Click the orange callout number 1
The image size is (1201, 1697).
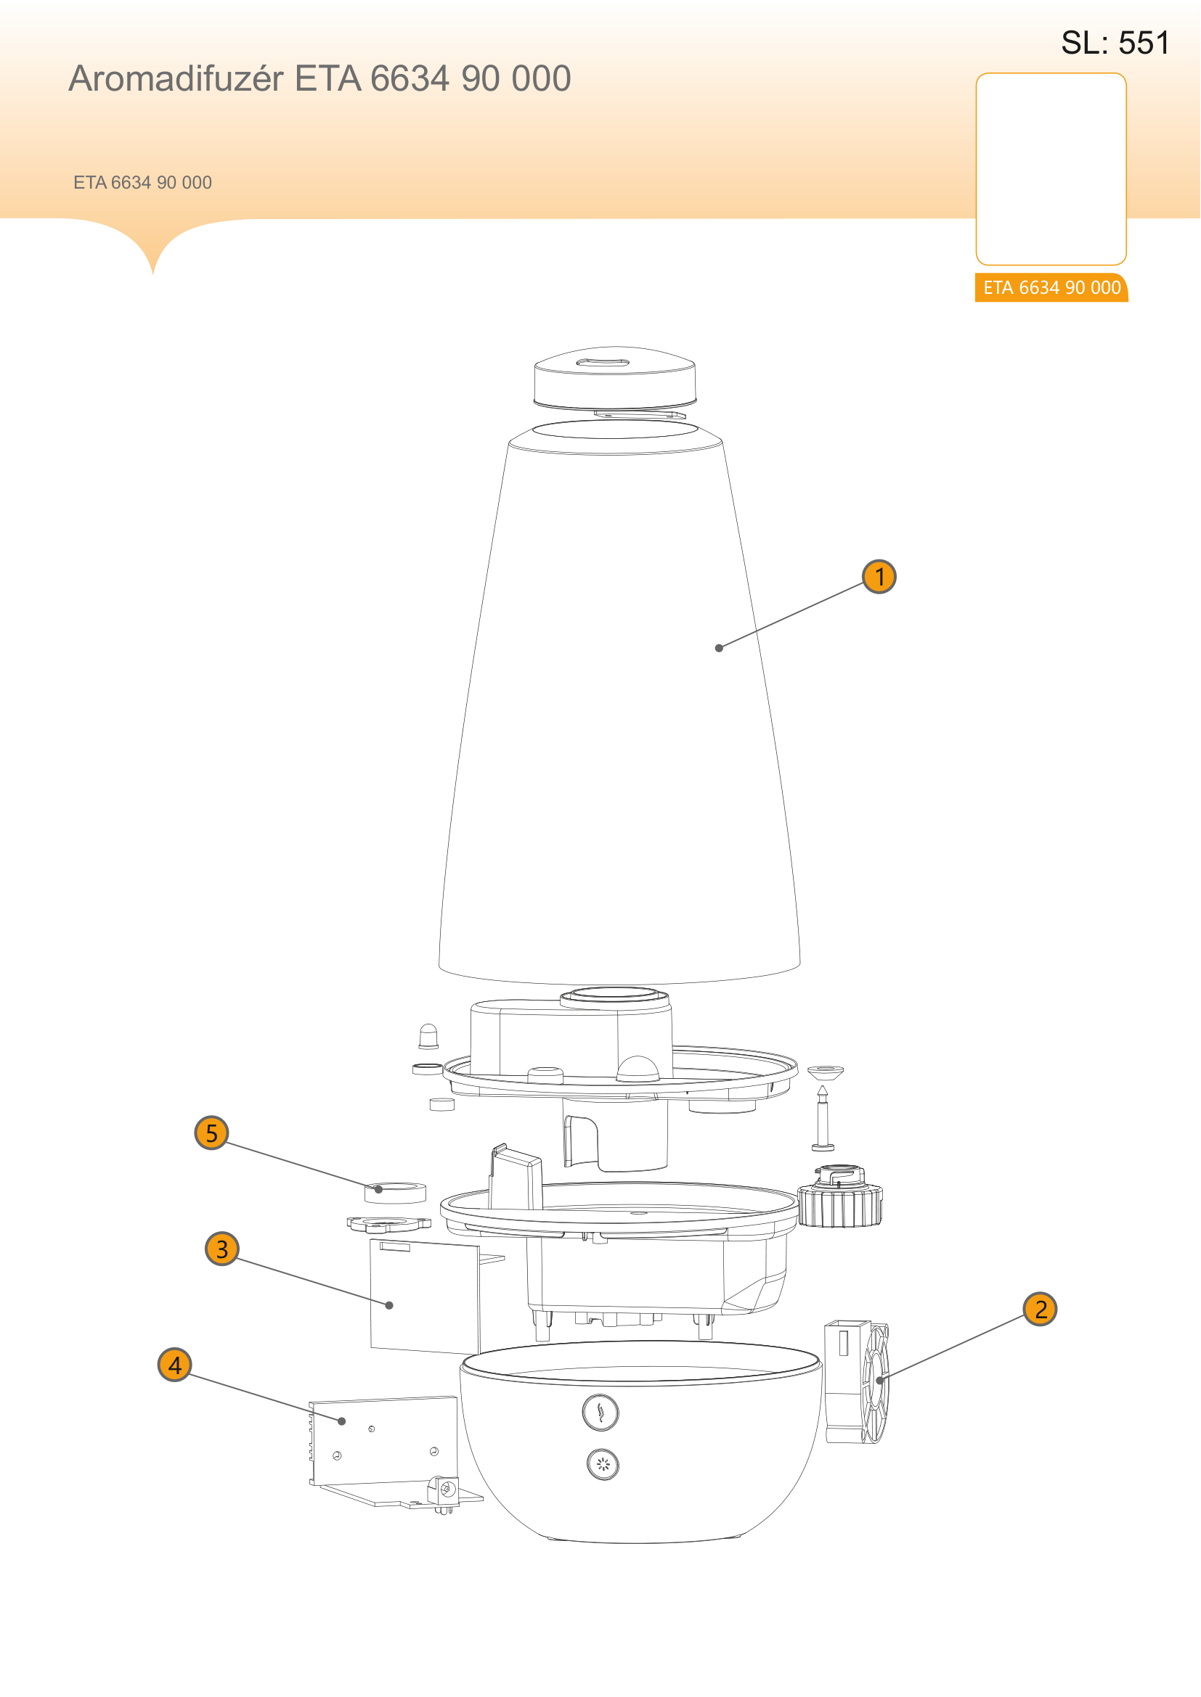[879, 577]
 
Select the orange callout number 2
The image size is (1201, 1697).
[1041, 1309]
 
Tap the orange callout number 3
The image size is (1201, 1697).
[222, 1249]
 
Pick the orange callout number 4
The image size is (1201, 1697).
[175, 1365]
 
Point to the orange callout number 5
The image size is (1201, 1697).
[211, 1133]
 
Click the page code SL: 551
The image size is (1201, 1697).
[1115, 43]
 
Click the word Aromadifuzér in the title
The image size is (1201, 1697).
[176, 78]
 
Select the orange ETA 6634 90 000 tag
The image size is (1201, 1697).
[1051, 287]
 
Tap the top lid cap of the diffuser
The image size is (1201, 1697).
[614, 377]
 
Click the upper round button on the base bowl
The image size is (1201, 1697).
[600, 1413]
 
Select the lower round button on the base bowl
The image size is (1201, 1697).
[603, 1465]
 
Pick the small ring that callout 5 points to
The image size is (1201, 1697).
[396, 1193]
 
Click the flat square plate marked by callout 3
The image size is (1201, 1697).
[425, 1297]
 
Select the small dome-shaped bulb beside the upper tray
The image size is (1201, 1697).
[428, 1036]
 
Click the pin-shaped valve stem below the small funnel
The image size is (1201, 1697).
[823, 1118]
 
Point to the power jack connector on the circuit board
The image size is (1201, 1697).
[444, 1492]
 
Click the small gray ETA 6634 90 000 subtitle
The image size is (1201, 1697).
[143, 183]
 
